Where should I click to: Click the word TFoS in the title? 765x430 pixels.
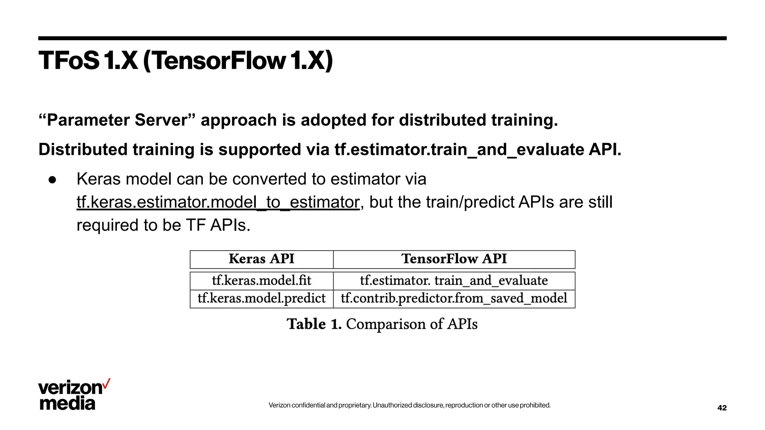pos(69,60)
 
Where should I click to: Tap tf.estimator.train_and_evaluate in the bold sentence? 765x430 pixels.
pos(459,150)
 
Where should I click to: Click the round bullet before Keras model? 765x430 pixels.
pos(52,180)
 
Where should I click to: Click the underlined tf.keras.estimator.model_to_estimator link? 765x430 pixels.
pos(218,202)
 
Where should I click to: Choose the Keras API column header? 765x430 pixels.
pos(261,259)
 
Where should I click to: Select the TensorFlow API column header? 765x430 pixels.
pos(454,259)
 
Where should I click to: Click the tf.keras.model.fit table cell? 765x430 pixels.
pos(261,281)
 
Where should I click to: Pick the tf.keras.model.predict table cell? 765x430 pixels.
pos(261,299)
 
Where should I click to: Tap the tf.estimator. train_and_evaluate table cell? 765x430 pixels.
pos(454,281)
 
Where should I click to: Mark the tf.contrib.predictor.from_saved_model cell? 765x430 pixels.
pos(454,299)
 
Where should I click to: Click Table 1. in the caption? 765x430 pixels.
pos(314,324)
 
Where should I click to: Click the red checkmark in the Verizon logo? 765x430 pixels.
pos(106,383)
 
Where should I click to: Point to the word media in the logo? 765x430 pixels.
pos(67,403)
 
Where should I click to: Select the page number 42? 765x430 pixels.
pos(722,408)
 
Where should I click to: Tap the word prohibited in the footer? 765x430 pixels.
pos(535,405)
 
